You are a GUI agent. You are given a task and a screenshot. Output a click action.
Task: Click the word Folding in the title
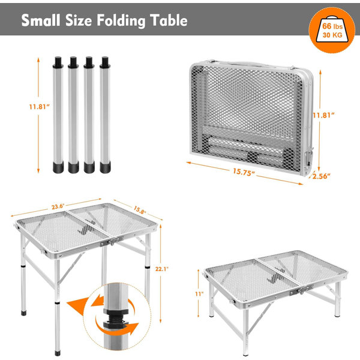coord(121,20)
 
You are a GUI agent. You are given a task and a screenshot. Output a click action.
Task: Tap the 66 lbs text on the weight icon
coord(332,26)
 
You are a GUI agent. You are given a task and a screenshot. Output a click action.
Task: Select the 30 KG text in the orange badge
coord(332,35)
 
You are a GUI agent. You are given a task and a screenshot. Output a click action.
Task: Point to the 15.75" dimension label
coord(244,172)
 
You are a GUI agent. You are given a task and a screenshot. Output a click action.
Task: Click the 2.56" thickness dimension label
coord(322,176)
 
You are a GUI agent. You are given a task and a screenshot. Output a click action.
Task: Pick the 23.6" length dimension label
coord(58,206)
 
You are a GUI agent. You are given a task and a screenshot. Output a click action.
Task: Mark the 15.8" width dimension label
coord(140,210)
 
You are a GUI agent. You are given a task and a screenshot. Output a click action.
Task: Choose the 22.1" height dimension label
coord(162,269)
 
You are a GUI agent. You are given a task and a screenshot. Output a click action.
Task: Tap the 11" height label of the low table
coord(199,294)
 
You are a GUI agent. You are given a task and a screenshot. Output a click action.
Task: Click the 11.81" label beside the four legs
coord(39,107)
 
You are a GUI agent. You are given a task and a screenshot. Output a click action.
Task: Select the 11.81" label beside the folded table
coord(324,115)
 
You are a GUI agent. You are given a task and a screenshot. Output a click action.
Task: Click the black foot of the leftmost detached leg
coord(58,167)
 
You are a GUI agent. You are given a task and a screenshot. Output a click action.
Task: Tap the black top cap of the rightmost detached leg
coord(105,62)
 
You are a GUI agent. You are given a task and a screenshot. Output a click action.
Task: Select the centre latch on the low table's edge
coord(301,290)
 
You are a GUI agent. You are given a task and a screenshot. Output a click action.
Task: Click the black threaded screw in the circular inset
coord(115,318)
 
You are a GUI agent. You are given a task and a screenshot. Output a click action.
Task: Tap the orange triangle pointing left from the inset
coord(77,306)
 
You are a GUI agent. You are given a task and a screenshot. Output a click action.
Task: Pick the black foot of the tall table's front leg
coord(58,353)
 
